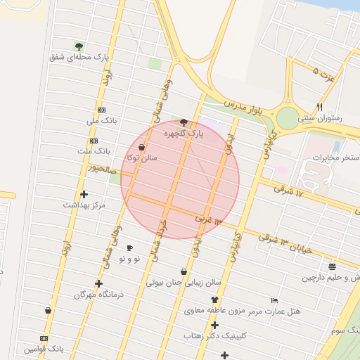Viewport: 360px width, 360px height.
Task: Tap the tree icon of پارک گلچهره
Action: pos(184,122)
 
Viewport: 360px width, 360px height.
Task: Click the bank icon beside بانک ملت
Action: pos(94,141)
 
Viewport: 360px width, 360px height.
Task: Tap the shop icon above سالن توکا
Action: pos(142,148)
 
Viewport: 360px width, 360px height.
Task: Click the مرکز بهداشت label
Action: pos(84,205)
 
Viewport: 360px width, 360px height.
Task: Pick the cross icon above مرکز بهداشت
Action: pos(84,194)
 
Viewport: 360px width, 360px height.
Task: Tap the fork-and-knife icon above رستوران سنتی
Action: pos(320,108)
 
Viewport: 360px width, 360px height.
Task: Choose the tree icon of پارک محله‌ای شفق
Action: pos(79,46)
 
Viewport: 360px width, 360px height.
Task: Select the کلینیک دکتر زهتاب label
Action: pos(214,336)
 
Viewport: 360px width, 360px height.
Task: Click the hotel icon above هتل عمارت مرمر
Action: pos(274,300)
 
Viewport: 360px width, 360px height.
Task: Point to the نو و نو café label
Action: pos(129,259)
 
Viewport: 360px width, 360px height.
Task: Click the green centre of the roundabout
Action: pos(288,117)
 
